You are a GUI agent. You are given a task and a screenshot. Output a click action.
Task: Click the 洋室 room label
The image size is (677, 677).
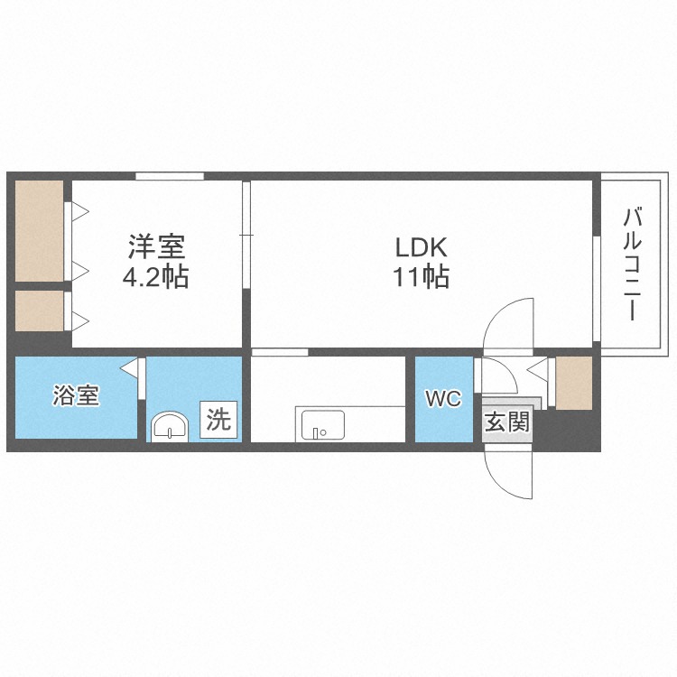(156, 246)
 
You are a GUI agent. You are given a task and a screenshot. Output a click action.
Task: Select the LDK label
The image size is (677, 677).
(421, 247)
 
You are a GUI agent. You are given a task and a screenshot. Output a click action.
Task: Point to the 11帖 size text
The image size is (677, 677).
(421, 276)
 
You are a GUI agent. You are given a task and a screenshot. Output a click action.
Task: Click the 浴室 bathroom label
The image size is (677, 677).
(77, 395)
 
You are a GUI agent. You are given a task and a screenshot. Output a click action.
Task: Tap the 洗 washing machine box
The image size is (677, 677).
(218, 420)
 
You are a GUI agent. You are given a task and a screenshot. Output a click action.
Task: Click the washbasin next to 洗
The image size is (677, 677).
(170, 427)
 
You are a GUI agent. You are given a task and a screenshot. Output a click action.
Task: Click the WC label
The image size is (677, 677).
(443, 398)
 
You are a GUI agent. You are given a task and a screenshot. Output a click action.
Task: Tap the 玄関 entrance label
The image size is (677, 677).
(507, 422)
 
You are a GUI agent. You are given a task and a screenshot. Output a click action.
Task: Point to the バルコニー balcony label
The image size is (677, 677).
(632, 264)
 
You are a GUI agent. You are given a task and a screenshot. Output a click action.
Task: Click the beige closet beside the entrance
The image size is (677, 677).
(573, 383)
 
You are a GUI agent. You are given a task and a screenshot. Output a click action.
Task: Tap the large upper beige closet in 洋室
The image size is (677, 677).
(40, 230)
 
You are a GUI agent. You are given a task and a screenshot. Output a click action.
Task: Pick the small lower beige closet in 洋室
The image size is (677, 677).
(40, 311)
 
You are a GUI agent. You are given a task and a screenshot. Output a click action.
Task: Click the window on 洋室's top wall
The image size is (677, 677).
(170, 176)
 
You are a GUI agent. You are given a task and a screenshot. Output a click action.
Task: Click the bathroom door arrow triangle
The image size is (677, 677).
(129, 368)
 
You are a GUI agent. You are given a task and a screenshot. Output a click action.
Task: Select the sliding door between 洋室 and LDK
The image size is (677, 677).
(246, 235)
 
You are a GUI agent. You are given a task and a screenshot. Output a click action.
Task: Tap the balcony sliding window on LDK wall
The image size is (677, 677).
(597, 289)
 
